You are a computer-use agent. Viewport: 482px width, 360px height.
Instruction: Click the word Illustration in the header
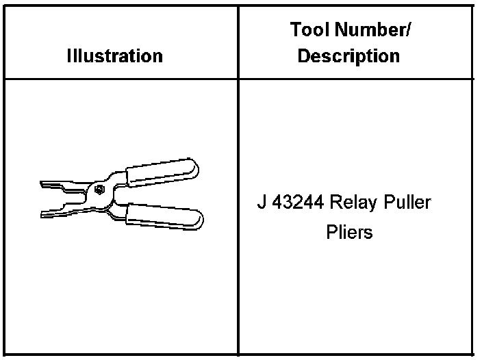point(115,55)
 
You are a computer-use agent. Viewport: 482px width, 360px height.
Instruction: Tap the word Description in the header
point(348,55)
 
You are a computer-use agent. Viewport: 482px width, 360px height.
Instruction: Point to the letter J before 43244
point(260,203)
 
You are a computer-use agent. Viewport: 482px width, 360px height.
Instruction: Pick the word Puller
point(407,203)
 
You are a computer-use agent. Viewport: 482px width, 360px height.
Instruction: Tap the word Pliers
point(349,232)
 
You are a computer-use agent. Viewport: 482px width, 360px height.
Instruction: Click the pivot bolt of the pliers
point(100,190)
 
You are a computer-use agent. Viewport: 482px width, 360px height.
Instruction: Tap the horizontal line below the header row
point(205,79)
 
